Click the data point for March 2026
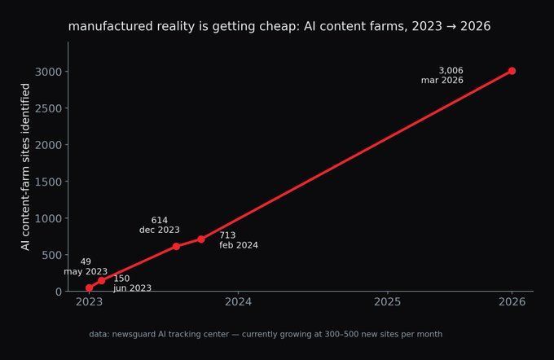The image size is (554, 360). tap(512, 71)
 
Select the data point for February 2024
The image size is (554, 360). tap(201, 239)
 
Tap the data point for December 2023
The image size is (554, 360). tap(176, 246)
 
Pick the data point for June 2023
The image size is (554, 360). tap(101, 280)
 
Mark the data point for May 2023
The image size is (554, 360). tap(89, 288)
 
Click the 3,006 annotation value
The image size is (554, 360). tap(451, 71)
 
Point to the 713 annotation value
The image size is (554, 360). tap(227, 235)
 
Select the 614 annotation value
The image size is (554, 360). tap(160, 220)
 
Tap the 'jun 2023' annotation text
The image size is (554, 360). tap(132, 288)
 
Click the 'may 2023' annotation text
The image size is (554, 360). tap(86, 271)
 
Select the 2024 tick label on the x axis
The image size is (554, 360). tap(239, 301)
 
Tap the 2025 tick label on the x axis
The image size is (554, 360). tap(388, 301)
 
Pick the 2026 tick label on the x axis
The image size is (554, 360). tap(512, 301)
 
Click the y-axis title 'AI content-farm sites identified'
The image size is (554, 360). tap(25, 167)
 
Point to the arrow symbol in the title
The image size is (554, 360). tap(451, 27)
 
